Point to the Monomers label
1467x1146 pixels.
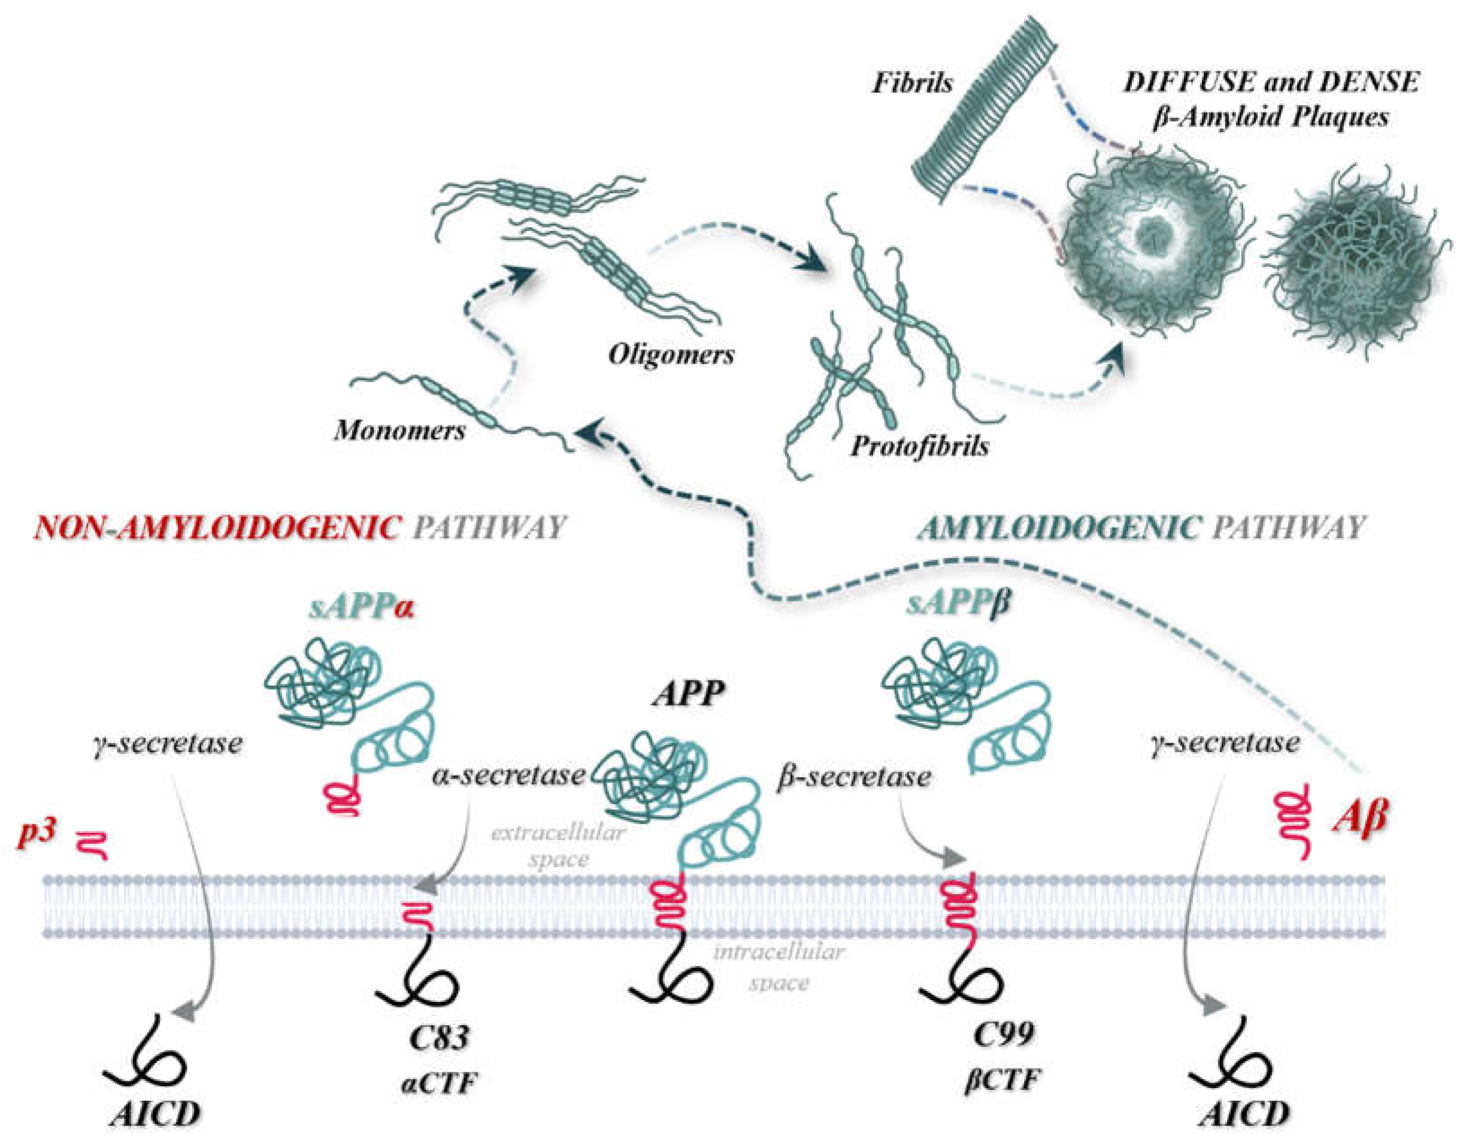400,430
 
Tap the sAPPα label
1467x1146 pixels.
361,608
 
